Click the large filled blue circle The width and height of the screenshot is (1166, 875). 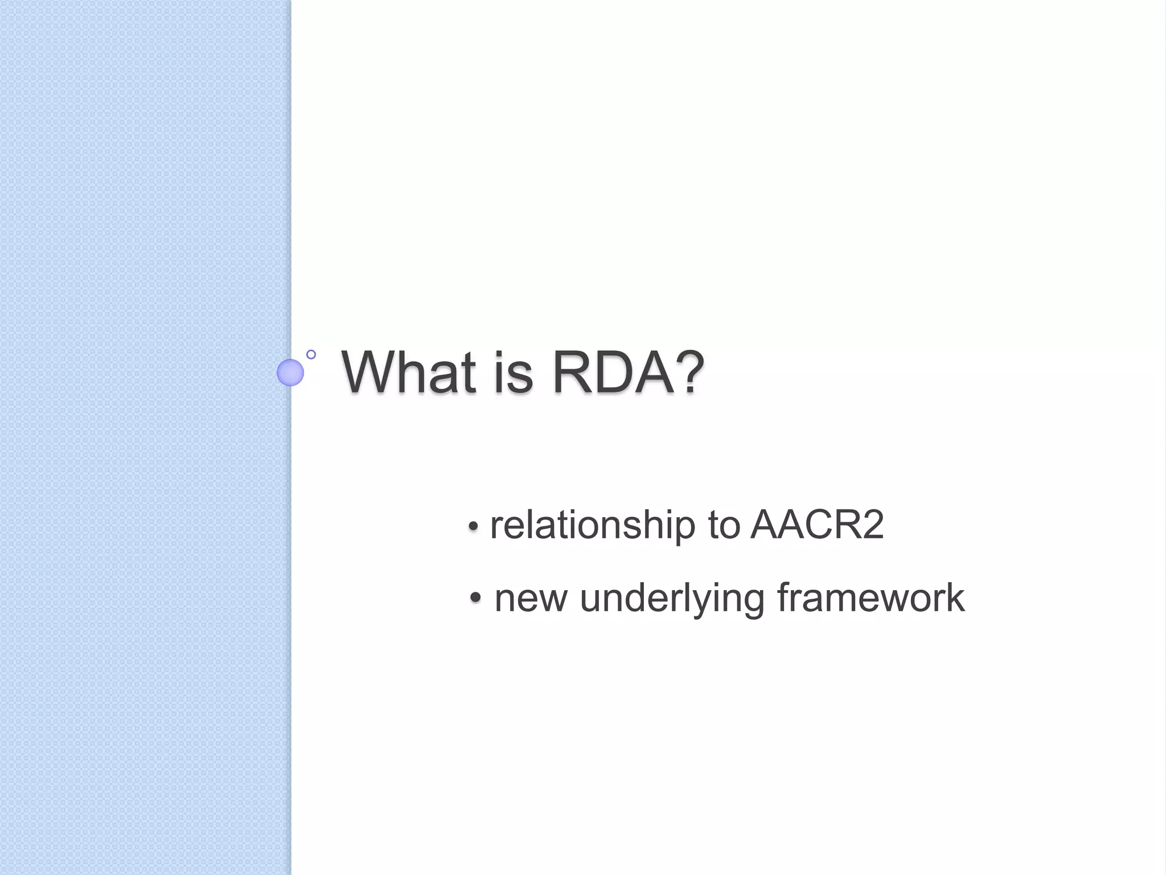coord(290,373)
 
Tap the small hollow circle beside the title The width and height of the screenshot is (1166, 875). coord(311,354)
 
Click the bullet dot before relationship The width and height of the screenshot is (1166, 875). coord(473,527)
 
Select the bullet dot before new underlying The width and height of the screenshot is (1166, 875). coord(476,599)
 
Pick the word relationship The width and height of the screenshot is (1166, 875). coord(592,525)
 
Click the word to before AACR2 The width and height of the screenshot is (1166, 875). coord(723,525)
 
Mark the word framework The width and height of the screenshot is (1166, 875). coord(871,598)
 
